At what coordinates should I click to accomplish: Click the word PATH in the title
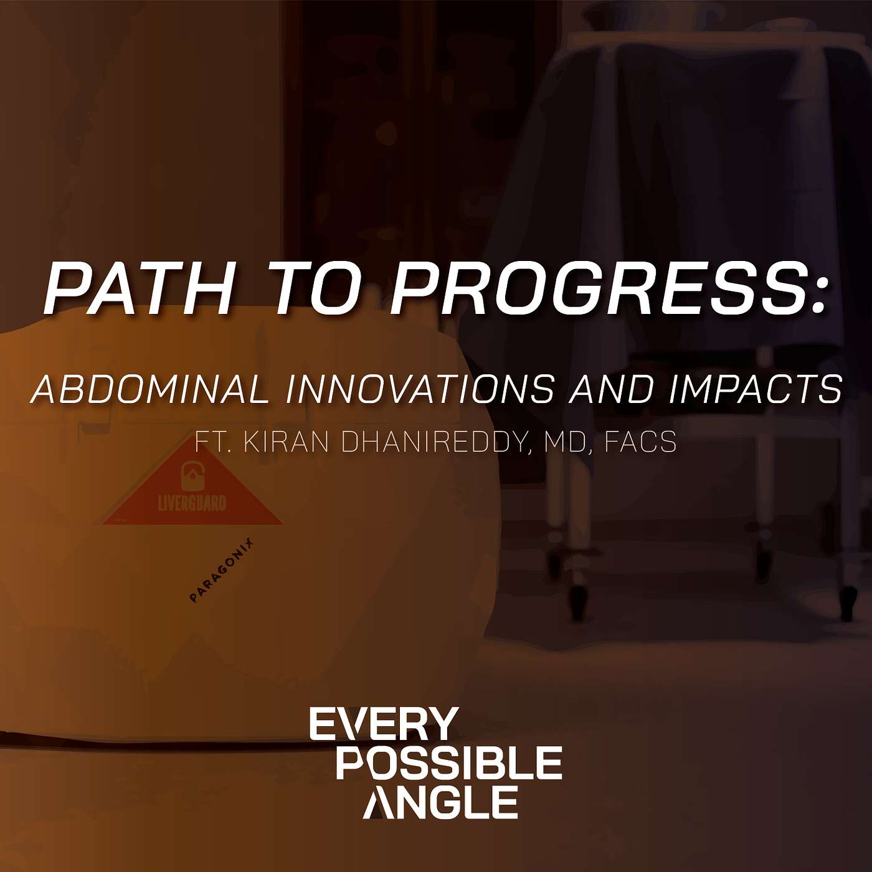(x=138, y=288)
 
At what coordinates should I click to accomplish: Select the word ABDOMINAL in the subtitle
(x=150, y=389)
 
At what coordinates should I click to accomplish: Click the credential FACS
(x=640, y=442)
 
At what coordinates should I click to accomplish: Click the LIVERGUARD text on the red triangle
(x=192, y=503)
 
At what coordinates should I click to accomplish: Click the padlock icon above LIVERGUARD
(x=192, y=475)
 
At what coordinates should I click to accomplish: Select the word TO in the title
(x=316, y=288)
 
